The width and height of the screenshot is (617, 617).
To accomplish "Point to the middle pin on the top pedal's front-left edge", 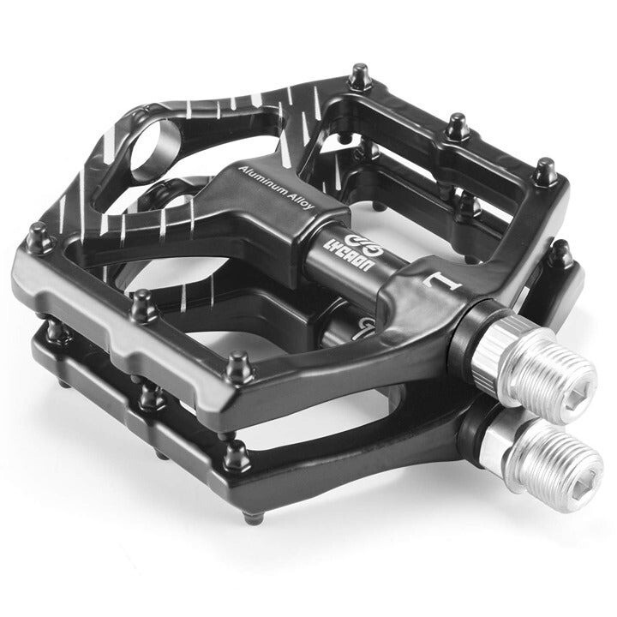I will pos(141,303).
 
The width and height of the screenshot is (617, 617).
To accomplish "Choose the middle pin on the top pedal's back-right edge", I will pos(458,127).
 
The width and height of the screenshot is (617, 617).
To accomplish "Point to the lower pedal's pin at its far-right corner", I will pos(561,251).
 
